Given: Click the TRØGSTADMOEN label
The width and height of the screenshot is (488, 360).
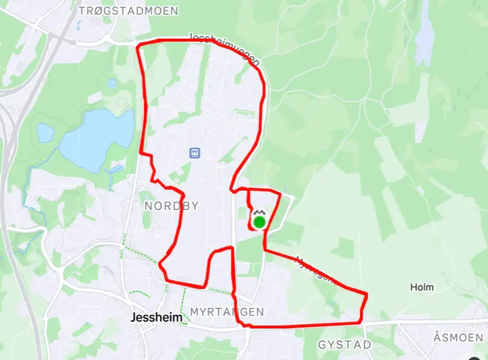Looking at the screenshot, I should pos(129,11).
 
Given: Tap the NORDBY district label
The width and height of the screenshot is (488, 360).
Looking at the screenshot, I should pos(171,206).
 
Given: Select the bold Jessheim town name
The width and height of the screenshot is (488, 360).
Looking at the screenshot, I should pos(156,318).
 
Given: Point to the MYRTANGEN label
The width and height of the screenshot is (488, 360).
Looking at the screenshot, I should pos(227,311).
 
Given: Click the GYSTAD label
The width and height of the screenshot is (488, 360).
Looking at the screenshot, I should pos(344,345).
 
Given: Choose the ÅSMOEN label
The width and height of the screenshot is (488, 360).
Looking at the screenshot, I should pos(458,337).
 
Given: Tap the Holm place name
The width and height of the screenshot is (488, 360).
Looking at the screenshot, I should pos(422,287).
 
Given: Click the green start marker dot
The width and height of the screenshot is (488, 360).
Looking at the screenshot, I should pos(259,222).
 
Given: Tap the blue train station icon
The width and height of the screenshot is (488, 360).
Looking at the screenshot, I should pos(194,152).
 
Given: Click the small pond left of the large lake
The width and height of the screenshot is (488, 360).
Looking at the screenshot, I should pos(45,133).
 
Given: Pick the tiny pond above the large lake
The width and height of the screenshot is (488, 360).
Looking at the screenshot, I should pos(112,82).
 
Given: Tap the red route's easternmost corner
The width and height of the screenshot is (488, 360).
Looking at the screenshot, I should pos(366,294).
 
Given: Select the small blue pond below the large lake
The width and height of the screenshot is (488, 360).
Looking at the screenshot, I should pos(117,169).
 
